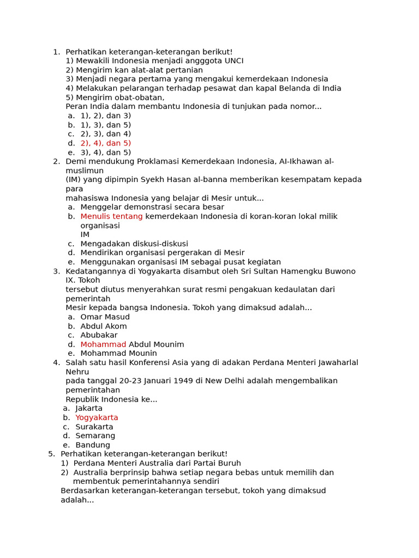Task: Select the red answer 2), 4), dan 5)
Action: [x=106, y=143]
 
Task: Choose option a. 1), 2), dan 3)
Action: [x=106, y=116]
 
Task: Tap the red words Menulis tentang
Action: [x=111, y=216]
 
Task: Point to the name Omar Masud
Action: [x=105, y=317]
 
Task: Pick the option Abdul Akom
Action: [x=104, y=326]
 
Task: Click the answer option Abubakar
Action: [x=99, y=335]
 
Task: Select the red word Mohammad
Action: [x=103, y=344]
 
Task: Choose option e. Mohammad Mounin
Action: [x=118, y=354]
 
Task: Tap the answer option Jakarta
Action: [x=89, y=409]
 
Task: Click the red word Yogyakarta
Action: [x=97, y=418]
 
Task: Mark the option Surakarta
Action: [x=94, y=427]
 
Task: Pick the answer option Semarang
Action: [x=95, y=436]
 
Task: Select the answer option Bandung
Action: [x=93, y=445]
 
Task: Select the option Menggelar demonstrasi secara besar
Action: [x=152, y=207]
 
